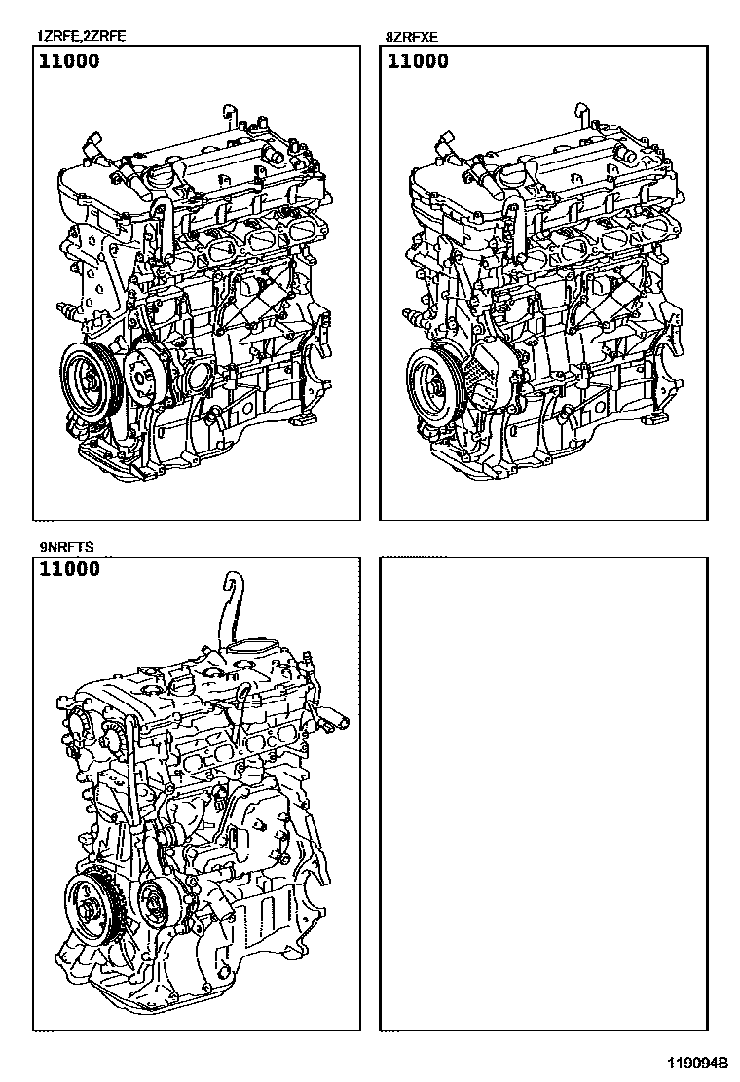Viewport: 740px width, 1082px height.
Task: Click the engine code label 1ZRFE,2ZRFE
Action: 82,37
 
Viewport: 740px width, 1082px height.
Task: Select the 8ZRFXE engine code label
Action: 412,37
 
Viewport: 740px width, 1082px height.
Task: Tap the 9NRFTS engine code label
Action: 66,547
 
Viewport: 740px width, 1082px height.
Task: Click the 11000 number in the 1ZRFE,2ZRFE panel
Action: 69,61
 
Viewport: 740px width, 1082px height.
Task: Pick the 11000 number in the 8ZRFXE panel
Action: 419,61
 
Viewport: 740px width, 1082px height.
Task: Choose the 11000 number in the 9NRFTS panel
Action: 70,569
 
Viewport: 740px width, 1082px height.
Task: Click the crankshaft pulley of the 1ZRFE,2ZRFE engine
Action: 92,380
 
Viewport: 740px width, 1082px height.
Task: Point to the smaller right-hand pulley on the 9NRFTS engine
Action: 159,905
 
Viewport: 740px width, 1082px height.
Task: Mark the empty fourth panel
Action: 543,794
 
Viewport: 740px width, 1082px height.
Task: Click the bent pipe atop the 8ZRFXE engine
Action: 581,115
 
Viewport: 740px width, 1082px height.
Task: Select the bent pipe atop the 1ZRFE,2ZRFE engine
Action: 229,115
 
